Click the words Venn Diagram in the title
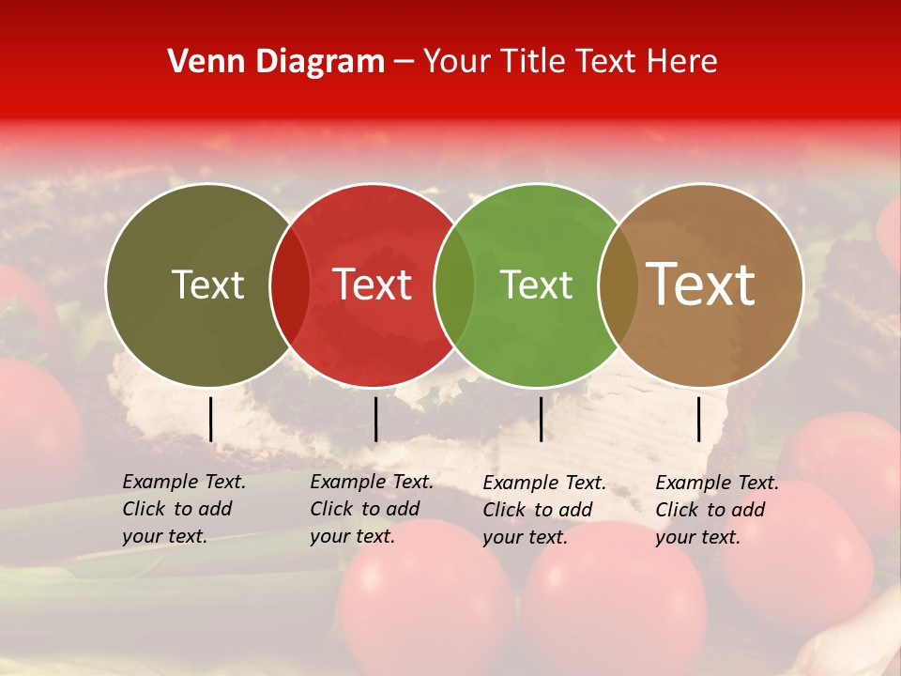click(276, 62)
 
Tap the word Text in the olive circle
click(207, 284)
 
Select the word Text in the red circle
click(373, 284)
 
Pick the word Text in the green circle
click(536, 284)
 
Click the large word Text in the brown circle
click(701, 284)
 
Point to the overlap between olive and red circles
click(290, 284)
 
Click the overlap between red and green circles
click(454, 284)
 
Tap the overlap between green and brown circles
click(618, 284)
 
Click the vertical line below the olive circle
click(211, 419)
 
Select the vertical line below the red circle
click(375, 419)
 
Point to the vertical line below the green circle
click(541, 419)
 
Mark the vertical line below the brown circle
click(698, 419)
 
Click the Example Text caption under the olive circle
click(184, 509)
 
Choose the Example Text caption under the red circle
click(372, 509)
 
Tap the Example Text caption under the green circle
click(544, 510)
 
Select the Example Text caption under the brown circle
click(717, 510)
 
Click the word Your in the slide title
click(457, 62)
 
